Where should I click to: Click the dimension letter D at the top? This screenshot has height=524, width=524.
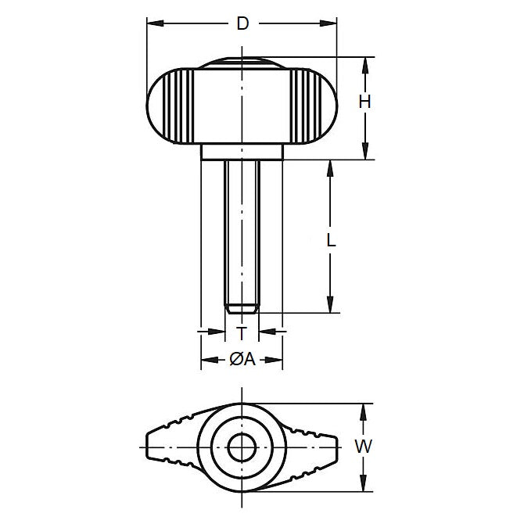[x=242, y=24]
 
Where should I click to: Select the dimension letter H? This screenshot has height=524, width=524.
[x=364, y=101]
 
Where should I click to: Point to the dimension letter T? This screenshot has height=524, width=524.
[x=242, y=333]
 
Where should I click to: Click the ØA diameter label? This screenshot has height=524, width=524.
[x=242, y=360]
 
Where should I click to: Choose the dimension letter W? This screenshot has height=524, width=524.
[x=362, y=447]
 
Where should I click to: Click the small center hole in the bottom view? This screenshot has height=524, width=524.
[x=241, y=447]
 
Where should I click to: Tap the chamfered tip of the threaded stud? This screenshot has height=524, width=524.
[x=242, y=308]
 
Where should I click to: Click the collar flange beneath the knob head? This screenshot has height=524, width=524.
[x=242, y=152]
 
